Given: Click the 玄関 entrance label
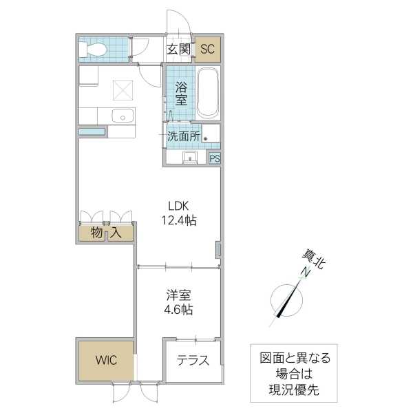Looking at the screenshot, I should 179,49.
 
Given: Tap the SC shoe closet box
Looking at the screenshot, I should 208,49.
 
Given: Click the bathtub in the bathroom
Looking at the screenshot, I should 207,94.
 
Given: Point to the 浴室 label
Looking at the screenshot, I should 181,94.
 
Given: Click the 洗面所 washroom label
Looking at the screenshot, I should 184,136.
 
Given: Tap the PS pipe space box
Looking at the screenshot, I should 214,158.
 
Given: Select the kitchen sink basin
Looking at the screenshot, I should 123,116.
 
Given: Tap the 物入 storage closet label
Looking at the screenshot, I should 106,233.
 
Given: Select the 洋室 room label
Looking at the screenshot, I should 178,295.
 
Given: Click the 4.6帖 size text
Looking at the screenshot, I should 178,310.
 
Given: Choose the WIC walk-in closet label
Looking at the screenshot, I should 106,360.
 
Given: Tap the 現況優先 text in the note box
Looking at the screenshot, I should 294,391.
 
